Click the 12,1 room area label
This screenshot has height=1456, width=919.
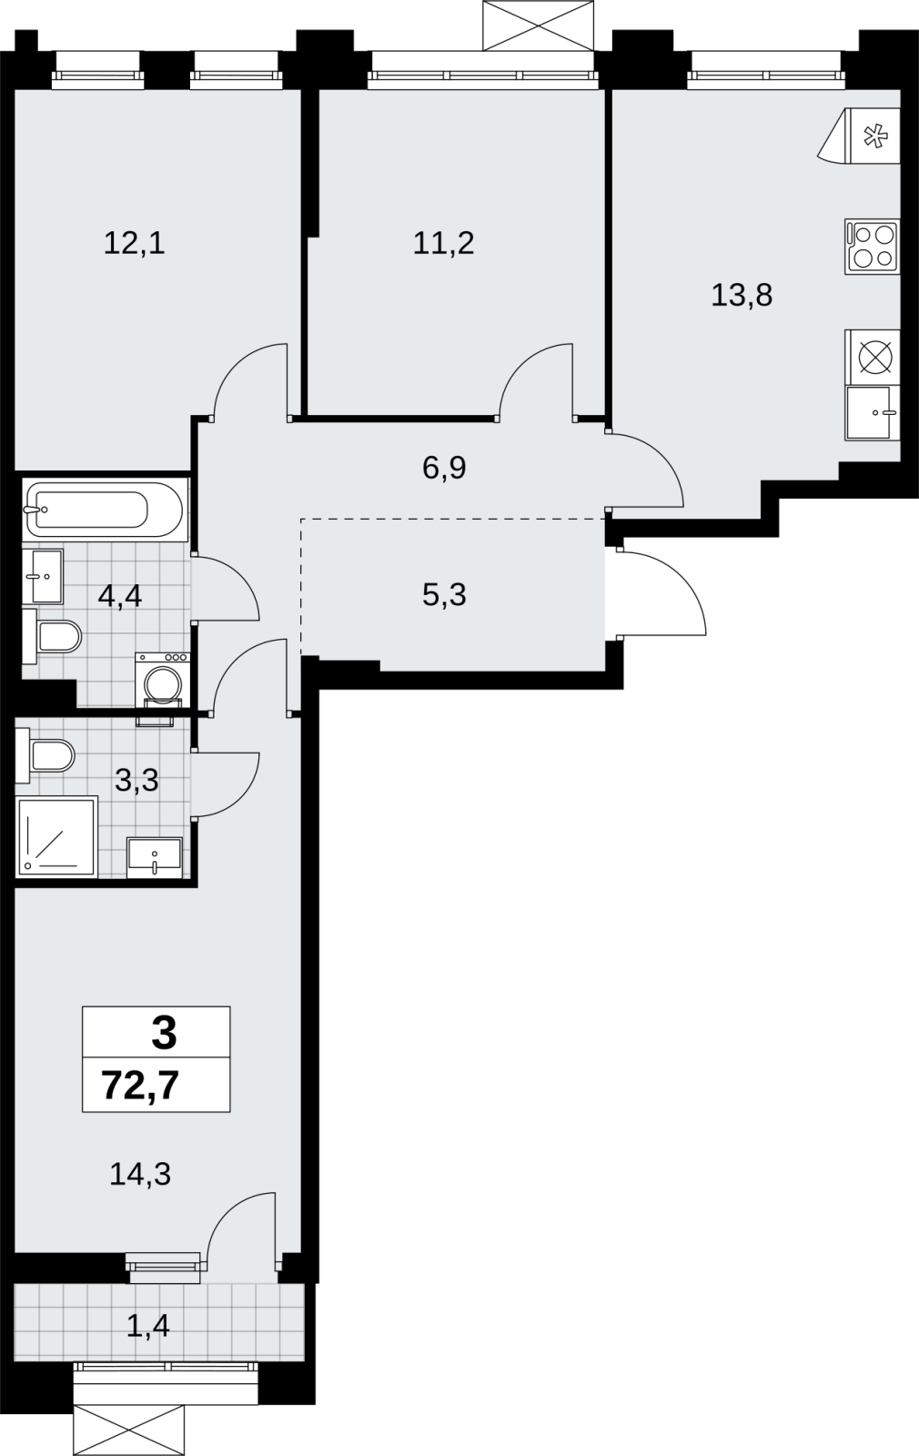click(x=135, y=244)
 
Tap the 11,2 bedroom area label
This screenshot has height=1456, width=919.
click(x=444, y=244)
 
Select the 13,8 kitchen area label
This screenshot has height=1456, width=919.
click(x=742, y=295)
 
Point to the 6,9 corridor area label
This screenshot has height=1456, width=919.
click(x=445, y=468)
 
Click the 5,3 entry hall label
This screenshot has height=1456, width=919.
click(x=445, y=595)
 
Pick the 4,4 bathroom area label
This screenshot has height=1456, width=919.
click(x=119, y=595)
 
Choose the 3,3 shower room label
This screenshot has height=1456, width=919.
click(x=136, y=780)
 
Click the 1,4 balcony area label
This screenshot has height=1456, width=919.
click(x=148, y=1326)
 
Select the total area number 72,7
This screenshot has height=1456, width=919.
click(x=140, y=1087)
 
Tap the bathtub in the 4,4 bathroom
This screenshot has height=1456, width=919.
click(x=104, y=510)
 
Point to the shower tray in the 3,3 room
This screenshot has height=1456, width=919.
click(x=57, y=836)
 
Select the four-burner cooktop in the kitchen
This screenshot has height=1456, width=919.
click(x=873, y=247)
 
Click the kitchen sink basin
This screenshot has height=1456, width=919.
click(x=868, y=413)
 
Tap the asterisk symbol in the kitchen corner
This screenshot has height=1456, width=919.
click(x=874, y=136)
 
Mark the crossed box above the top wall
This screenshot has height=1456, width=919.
click(x=538, y=25)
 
